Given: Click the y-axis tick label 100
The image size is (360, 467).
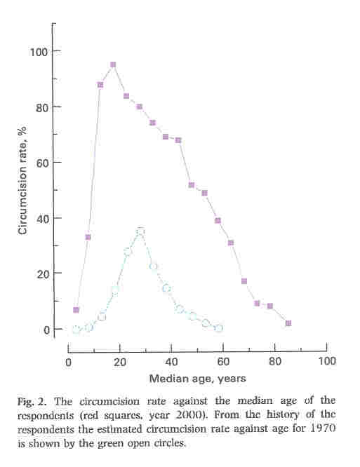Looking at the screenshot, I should point(39,51).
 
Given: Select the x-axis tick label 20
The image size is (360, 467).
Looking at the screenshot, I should point(119,361).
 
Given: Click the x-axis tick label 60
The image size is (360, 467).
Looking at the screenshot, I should point(223,361).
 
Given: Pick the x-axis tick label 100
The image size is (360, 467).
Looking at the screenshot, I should point(326,361).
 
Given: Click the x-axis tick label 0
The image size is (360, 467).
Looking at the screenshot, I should point(68,361).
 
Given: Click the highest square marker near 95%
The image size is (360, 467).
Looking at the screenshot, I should point(113,65).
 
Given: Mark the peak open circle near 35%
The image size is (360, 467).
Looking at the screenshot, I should point(140,231).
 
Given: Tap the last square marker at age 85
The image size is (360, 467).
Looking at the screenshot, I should point(288,323).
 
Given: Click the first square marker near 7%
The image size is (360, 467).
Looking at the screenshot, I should point(76,310).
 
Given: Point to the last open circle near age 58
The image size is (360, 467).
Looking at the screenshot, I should point(218,328).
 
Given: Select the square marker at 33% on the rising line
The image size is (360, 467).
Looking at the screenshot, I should point(88,237).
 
